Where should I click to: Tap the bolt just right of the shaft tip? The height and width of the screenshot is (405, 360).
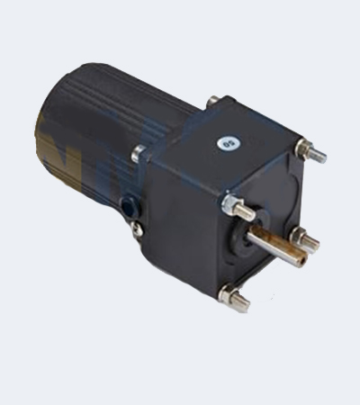pos(306,238)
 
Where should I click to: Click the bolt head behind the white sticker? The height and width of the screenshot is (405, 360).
pos(213,101)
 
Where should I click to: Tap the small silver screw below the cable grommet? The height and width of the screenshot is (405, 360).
pos(137,229)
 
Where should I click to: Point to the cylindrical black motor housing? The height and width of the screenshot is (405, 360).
pos(99,135)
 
